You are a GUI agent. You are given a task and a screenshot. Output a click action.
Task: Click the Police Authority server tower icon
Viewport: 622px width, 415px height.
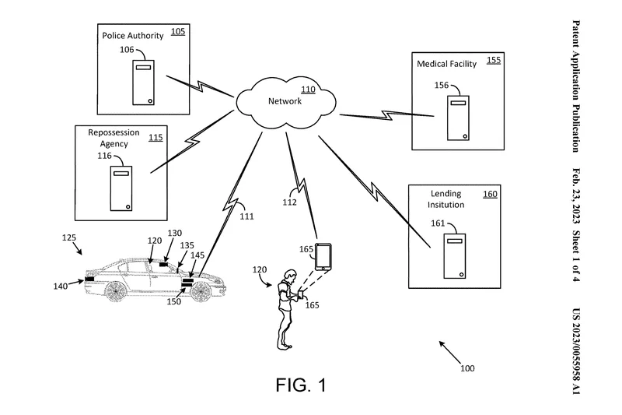coord(143,83)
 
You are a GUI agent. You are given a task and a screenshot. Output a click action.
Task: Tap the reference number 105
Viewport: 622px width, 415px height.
coord(178,31)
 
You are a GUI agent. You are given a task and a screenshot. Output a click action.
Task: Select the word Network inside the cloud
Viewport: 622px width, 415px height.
coord(285,101)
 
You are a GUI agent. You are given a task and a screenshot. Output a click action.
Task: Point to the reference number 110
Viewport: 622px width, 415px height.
coord(308,90)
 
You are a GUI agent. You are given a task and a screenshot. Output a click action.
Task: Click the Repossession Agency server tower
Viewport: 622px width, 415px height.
coord(121,188)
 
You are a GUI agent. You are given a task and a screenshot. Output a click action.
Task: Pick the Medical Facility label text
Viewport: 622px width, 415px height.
coord(446,64)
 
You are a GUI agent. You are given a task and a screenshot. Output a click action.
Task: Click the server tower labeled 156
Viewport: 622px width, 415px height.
coord(458,118)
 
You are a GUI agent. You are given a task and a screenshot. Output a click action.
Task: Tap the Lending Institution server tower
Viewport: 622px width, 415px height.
coord(455,256)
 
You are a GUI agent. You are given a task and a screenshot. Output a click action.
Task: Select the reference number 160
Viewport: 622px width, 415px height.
coord(490,194)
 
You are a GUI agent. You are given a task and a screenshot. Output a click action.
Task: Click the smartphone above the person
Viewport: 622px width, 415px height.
coord(323,257)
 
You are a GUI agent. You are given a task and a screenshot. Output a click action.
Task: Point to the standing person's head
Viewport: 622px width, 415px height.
coord(291,275)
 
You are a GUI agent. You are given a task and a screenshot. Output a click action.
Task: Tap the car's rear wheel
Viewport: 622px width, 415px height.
coord(115,290)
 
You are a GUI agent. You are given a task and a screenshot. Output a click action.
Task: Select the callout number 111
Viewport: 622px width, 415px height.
coord(246,216)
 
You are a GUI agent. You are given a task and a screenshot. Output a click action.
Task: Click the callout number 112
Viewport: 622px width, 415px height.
coord(289,202)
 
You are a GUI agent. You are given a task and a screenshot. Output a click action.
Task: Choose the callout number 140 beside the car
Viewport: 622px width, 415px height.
coord(61,286)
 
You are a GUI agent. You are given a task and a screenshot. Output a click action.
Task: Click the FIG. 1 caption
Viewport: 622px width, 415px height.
coord(301,385)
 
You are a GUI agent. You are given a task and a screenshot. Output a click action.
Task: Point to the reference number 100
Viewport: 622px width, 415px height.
coord(467,368)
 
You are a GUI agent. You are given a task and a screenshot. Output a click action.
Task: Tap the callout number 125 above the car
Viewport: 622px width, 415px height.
coord(69,237)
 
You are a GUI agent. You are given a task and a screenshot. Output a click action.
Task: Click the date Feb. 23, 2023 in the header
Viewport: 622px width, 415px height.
coord(576,196)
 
